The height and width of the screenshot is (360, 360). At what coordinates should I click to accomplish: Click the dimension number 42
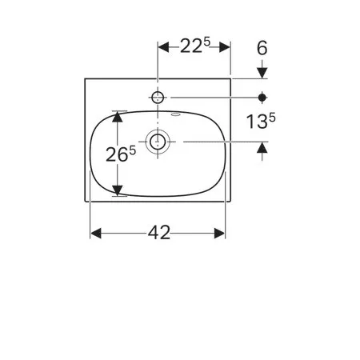click(159, 233)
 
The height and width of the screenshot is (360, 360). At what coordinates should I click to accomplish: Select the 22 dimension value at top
click(191, 46)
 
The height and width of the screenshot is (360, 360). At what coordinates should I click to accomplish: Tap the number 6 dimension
click(262, 48)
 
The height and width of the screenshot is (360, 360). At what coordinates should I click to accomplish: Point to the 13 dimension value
click(257, 122)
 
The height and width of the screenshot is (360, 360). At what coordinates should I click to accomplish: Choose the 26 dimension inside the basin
click(117, 155)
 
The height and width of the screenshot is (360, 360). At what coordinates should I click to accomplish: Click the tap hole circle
click(158, 98)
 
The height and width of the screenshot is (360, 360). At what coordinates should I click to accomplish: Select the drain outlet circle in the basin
click(158, 142)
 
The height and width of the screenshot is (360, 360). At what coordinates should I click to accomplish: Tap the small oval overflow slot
click(175, 115)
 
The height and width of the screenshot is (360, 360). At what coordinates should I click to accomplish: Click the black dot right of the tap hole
click(262, 98)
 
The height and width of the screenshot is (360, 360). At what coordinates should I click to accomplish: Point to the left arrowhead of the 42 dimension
click(96, 234)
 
